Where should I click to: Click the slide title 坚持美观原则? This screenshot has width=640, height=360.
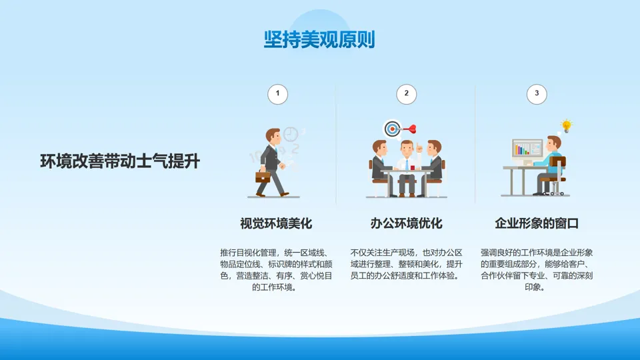pyautogui.click(x=319, y=39)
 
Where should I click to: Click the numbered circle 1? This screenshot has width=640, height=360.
pyautogui.click(x=277, y=94)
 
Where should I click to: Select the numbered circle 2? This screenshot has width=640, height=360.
pyautogui.click(x=406, y=94)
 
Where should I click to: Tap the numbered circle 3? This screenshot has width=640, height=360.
pyautogui.click(x=536, y=94)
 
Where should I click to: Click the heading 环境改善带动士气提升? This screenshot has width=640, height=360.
pyautogui.click(x=120, y=161)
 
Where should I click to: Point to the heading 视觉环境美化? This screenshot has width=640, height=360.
pyautogui.click(x=276, y=223)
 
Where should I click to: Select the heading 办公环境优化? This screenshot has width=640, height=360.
pyautogui.click(x=406, y=223)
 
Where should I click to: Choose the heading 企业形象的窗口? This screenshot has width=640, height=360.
pyautogui.click(x=537, y=223)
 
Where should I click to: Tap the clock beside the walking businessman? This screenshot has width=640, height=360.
pyautogui.click(x=291, y=134)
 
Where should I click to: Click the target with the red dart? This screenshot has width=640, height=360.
pyautogui.click(x=393, y=129)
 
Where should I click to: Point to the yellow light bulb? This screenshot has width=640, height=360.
pyautogui.click(x=567, y=126)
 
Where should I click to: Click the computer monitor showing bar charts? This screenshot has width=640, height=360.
pyautogui.click(x=527, y=149)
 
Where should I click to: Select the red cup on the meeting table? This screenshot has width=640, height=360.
pyautogui.click(x=413, y=167)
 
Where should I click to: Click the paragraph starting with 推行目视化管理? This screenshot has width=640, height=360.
pyautogui.click(x=276, y=270)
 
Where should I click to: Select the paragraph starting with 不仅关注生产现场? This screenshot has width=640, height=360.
pyautogui.click(x=406, y=264)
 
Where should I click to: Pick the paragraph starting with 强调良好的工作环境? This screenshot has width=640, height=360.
pyautogui.click(x=536, y=270)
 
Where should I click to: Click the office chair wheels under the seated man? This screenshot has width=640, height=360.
pyautogui.click(x=557, y=193)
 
